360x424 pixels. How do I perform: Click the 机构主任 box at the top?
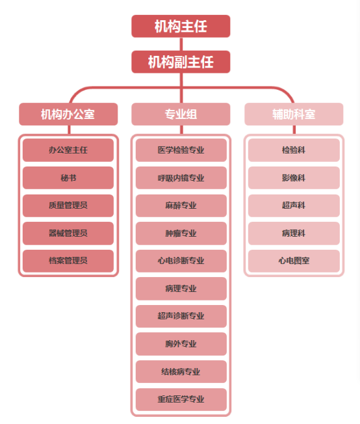181,26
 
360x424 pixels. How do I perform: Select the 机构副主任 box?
181,62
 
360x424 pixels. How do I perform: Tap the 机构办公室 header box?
68,114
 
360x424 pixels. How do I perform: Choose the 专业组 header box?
181,114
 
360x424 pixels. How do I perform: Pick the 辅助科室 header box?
294,114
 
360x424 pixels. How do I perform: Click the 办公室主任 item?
68,150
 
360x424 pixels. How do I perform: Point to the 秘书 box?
68,178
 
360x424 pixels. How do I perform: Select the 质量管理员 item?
68,205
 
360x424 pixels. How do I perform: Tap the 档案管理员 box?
68,261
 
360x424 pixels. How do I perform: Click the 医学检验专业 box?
181,150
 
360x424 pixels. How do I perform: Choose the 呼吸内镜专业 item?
181,178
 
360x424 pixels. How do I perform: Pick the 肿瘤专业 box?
181,233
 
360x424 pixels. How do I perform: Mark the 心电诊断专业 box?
181,261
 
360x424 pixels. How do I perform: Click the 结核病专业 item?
181,371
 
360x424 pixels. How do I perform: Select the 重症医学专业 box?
181,399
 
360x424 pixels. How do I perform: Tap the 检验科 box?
294,150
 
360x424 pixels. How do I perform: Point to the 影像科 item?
294,178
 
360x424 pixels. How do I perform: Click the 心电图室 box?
294,261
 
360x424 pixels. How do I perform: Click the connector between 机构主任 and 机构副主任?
181,44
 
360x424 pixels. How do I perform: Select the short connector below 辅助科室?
294,130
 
